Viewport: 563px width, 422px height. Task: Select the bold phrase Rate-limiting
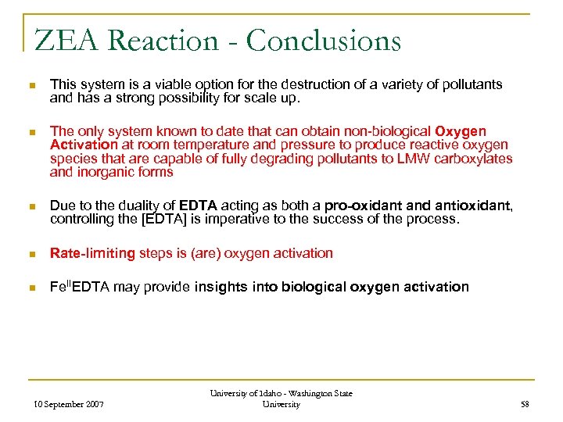pyautogui.click(x=92, y=252)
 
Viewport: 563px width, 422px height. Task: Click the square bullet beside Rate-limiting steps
pyautogui.click(x=29, y=253)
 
